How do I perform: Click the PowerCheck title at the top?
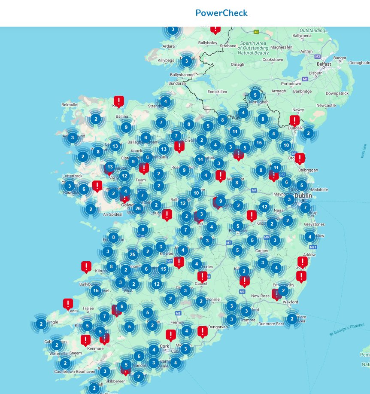pyautogui.click(x=221, y=13)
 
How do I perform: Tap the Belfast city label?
pyautogui.click(x=324, y=64)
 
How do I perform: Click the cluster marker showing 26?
pyautogui.click(x=138, y=209)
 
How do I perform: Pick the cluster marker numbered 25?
pyautogui.click(x=133, y=255)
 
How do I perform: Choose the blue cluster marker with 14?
pyautogui.click(x=200, y=159)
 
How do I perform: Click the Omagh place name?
pyautogui.click(x=237, y=65)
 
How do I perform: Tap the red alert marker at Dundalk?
pyautogui.click(x=295, y=120)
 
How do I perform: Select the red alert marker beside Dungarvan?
pyautogui.click(x=202, y=331)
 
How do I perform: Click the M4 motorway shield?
pyautogui.click(x=254, y=190)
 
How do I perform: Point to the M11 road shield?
pyautogui.click(x=313, y=247)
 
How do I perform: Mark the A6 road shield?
pyautogui.click(x=256, y=32)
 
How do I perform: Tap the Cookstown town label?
pyautogui.click(x=273, y=60)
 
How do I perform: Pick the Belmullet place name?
pyautogui.click(x=70, y=104)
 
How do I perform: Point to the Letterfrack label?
pyautogui.click(x=72, y=176)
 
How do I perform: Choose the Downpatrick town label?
pyautogui.click(x=337, y=93)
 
